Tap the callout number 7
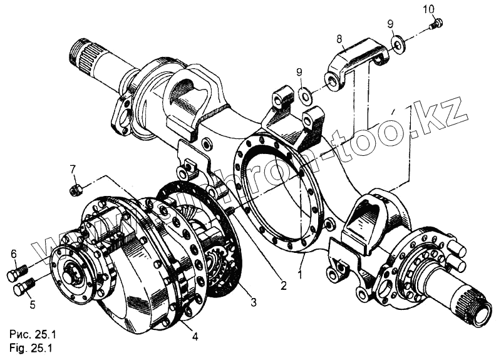[73, 168]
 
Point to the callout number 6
[13, 254]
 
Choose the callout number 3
[253, 302]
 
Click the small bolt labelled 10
[437, 25]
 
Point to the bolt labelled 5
[24, 289]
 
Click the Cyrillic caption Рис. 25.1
[30, 333]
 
